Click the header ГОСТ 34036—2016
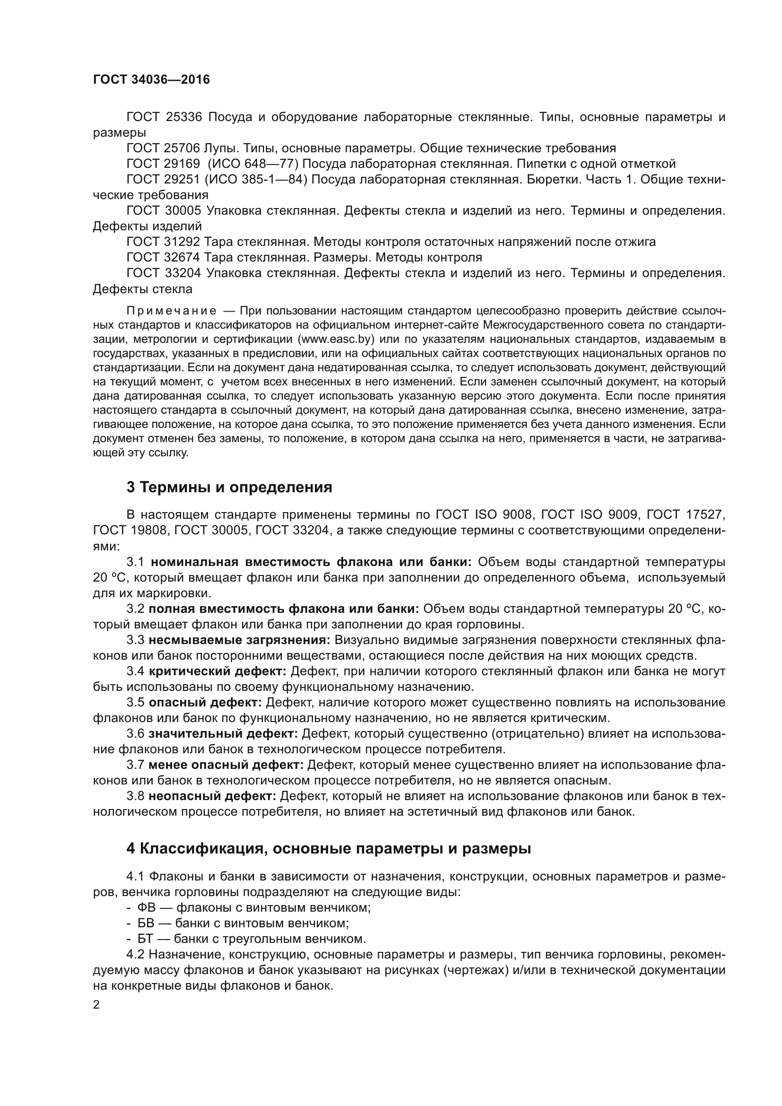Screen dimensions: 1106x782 pos(151,79)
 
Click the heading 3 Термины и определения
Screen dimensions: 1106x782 pos(229,487)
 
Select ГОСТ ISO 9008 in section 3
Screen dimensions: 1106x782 pos(485,515)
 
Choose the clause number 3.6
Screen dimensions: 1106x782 pos(135,734)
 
